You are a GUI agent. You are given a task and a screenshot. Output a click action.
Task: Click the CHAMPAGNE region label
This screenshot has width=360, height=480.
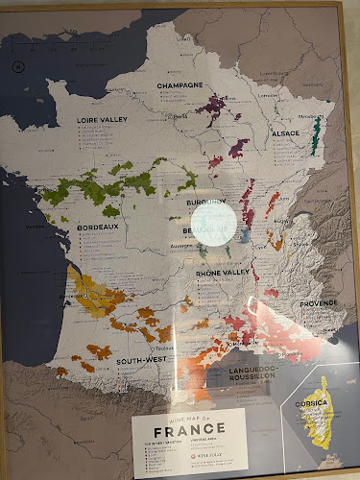tap(180, 84)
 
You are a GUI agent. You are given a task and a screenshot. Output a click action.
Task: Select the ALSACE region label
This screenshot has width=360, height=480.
tap(285, 133)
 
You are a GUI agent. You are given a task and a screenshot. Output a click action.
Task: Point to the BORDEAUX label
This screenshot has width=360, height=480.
tap(98, 228)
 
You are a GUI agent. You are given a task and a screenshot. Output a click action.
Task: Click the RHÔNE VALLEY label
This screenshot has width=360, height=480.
tap(223, 273)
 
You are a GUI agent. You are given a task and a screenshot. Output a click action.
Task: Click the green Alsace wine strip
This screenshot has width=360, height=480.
tap(314, 134)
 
